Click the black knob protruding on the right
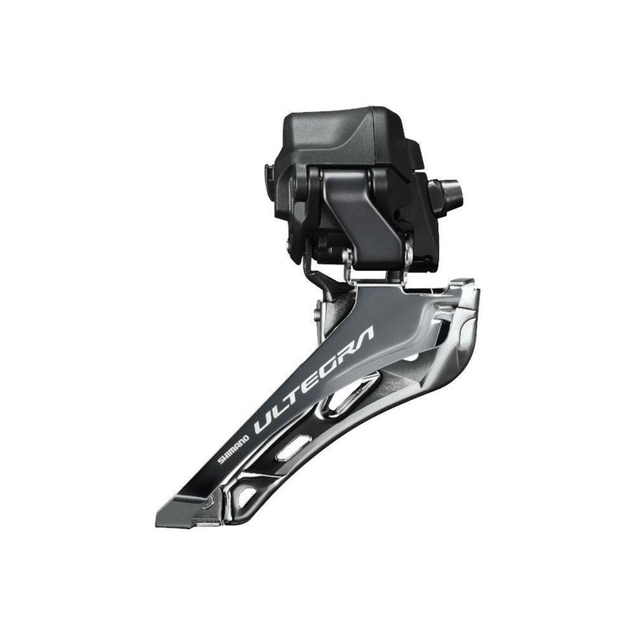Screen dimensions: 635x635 click(443, 190)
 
